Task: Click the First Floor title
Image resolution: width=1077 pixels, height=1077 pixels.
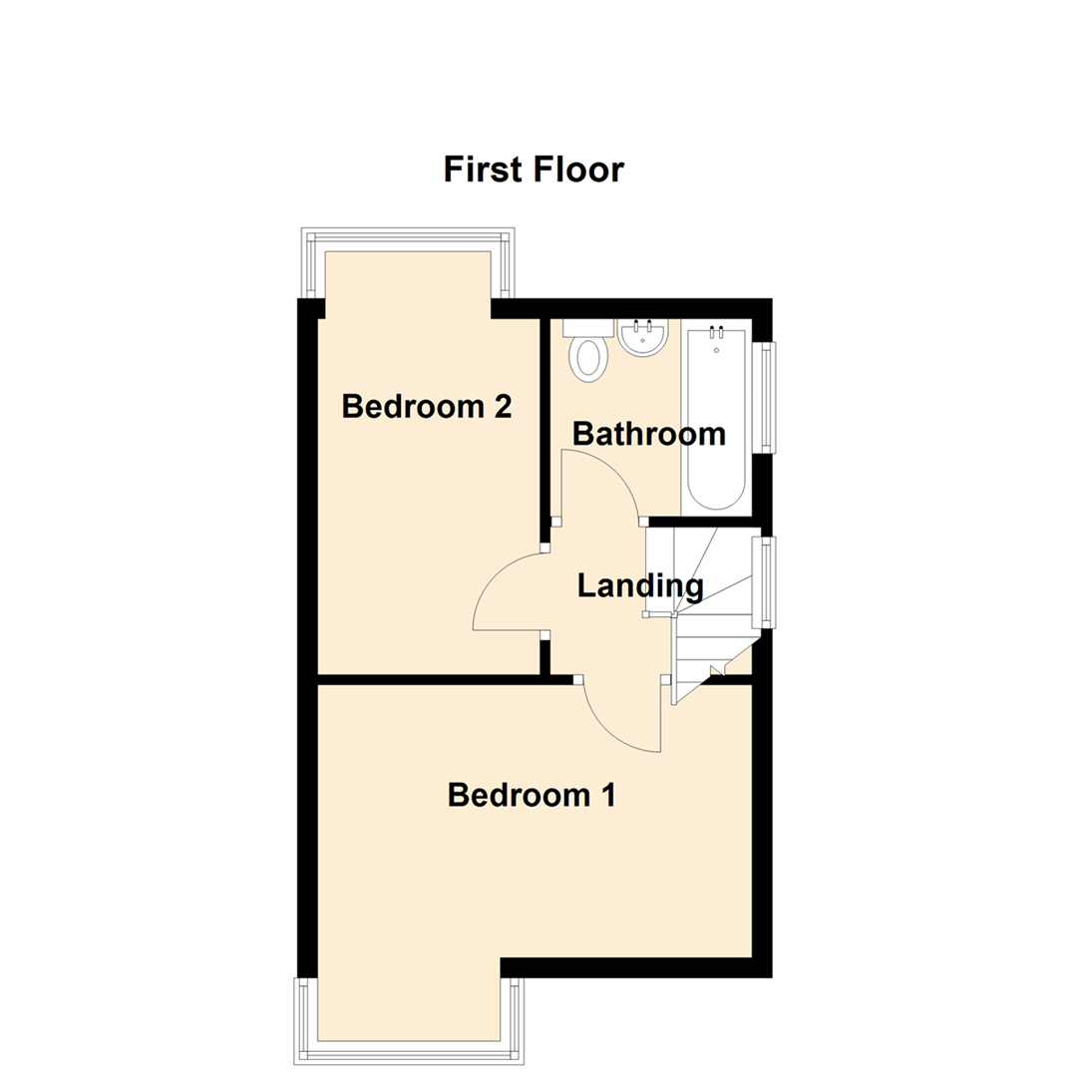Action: click(x=534, y=170)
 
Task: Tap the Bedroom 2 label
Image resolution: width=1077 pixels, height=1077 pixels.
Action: click(x=427, y=407)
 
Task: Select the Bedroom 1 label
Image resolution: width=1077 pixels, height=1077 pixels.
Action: click(x=532, y=796)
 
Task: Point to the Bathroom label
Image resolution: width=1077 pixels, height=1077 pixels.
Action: click(x=648, y=435)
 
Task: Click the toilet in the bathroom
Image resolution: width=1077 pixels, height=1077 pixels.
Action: click(x=588, y=357)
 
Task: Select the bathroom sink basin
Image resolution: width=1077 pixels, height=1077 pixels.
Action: click(x=642, y=337)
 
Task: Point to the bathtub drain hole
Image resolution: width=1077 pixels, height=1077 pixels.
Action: click(x=715, y=350)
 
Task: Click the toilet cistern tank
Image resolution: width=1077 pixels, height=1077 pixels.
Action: click(x=588, y=327)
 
